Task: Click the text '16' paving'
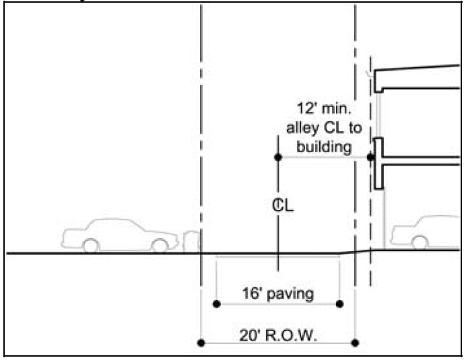[x=278, y=293]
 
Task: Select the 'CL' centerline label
[x=283, y=207]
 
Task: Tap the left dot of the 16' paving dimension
[x=216, y=304]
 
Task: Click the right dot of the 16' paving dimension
[x=339, y=304]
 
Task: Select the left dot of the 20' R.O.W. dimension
[x=201, y=343]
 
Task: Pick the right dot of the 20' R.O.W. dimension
[x=355, y=343]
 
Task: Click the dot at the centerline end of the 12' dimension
[x=277, y=157]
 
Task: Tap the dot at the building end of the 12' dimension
[x=370, y=157]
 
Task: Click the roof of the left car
[x=111, y=221]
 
